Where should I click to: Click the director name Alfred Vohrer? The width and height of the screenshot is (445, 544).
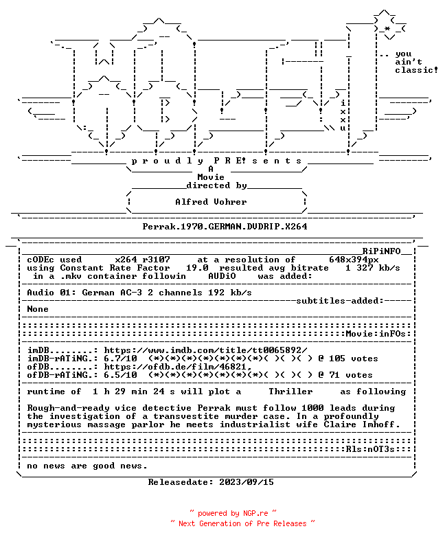click(211, 202)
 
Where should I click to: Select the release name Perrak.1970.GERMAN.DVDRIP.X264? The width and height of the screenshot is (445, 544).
click(225, 227)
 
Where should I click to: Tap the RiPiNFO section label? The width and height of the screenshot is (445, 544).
click(382, 251)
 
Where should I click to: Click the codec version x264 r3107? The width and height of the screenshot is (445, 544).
click(143, 260)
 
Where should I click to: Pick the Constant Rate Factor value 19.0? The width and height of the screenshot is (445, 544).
click(197, 268)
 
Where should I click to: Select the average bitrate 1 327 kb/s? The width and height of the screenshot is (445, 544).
click(373, 268)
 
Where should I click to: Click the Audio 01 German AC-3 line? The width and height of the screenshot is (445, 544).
click(139, 293)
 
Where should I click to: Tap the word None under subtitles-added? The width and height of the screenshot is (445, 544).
click(38, 309)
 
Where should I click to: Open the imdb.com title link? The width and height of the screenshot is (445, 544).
click(206, 350)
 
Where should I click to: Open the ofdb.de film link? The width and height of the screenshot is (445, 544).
click(178, 367)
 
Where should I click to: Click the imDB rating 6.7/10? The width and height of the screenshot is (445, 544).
click(120, 359)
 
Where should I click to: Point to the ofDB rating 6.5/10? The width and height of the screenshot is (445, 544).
click(120, 375)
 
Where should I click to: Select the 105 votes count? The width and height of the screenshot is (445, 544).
click(354, 359)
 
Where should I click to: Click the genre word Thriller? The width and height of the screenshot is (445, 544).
click(290, 392)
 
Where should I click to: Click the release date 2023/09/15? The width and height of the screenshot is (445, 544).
click(247, 482)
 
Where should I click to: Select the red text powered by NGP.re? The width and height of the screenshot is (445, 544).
click(233, 513)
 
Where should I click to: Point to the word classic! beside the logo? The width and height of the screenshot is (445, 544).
click(417, 70)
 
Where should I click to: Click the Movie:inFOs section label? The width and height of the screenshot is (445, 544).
click(376, 334)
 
